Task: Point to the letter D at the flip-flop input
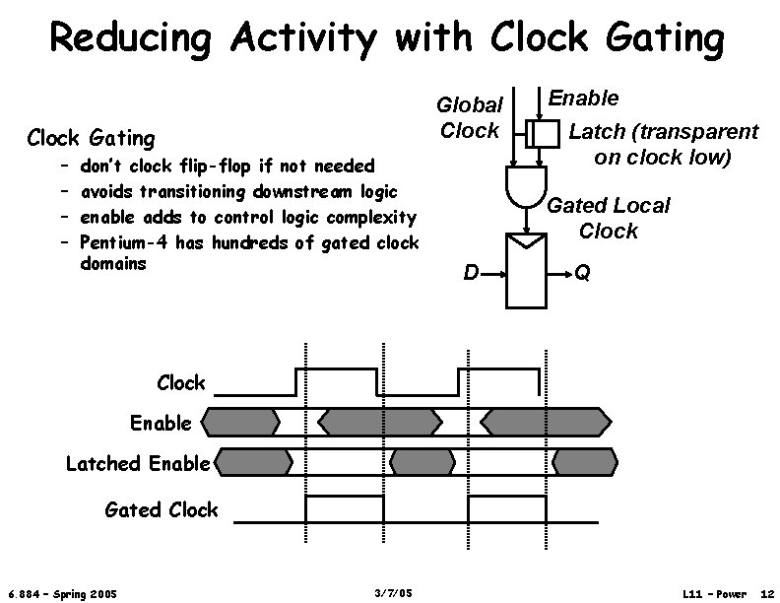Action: click(x=471, y=273)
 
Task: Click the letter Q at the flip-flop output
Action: click(x=583, y=273)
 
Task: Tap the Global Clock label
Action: click(x=470, y=117)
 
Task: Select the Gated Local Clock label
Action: click(x=608, y=218)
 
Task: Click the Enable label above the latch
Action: click(x=583, y=98)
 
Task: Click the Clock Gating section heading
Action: click(x=91, y=138)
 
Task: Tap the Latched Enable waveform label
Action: click(x=138, y=462)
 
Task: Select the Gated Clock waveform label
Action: click(x=162, y=508)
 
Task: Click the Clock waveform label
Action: click(x=181, y=382)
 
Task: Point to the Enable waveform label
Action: click(x=162, y=423)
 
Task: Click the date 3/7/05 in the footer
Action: click(x=394, y=593)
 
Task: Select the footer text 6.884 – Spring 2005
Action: click(x=61, y=593)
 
